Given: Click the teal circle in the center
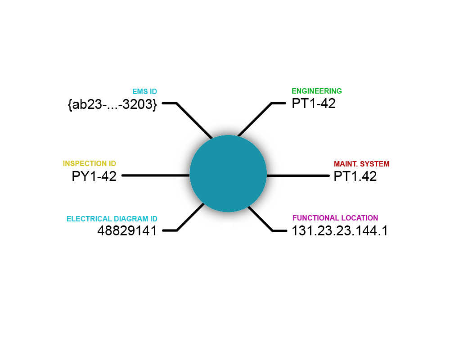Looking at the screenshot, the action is pyautogui.click(x=228, y=173).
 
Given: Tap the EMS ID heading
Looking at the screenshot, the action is pyautogui.click(x=144, y=92).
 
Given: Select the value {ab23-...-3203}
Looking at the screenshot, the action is pyautogui.click(x=112, y=104).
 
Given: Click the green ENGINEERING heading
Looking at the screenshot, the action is pyautogui.click(x=316, y=91).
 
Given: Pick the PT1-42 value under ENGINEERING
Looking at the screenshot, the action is pyautogui.click(x=313, y=103).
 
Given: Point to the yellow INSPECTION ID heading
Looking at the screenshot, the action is pyautogui.click(x=90, y=163).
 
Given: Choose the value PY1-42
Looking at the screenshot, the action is pyautogui.click(x=94, y=176).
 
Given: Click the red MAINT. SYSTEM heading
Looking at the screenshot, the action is pyautogui.click(x=362, y=164).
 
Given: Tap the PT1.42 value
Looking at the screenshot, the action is pyautogui.click(x=355, y=176).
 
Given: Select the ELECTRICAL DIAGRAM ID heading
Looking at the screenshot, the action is pyautogui.click(x=112, y=219).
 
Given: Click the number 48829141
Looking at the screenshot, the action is pyautogui.click(x=127, y=230).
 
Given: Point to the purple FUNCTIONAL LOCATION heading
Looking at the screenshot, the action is pyautogui.click(x=335, y=218).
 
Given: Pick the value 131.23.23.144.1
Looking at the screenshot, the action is pyautogui.click(x=339, y=230).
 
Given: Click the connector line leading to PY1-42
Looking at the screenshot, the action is pyautogui.click(x=156, y=175).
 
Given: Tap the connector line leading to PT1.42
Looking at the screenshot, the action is pyautogui.click(x=298, y=175).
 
